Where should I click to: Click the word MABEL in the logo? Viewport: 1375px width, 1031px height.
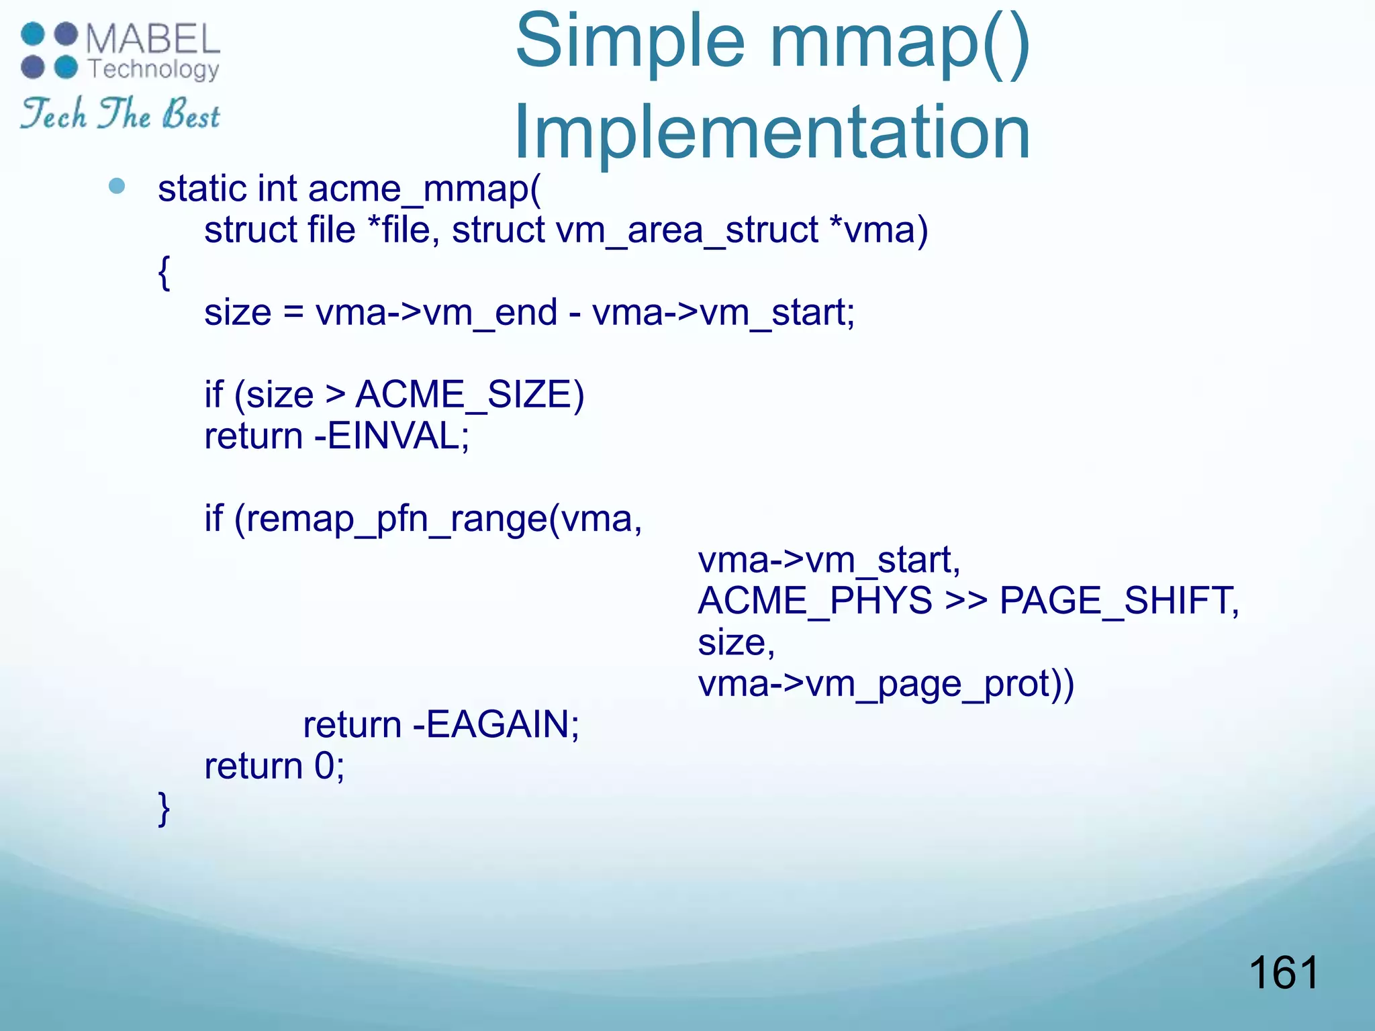tap(152, 38)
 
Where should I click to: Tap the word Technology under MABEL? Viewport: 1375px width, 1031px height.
tap(153, 69)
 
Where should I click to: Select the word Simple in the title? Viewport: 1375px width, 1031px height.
tap(630, 42)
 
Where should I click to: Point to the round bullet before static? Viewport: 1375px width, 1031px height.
tap(117, 186)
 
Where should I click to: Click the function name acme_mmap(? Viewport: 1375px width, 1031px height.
tap(424, 189)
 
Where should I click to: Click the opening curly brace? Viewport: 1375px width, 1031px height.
tap(164, 271)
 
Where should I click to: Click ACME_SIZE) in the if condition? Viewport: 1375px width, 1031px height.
tap(469, 395)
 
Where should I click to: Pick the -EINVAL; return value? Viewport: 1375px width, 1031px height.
tap(392, 436)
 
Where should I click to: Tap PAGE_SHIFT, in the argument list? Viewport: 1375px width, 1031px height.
tap(1119, 600)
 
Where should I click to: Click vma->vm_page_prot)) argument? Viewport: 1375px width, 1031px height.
tap(886, 684)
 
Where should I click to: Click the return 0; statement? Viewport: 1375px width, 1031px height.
tap(274, 766)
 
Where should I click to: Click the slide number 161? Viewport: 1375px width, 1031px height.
tap(1284, 973)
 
